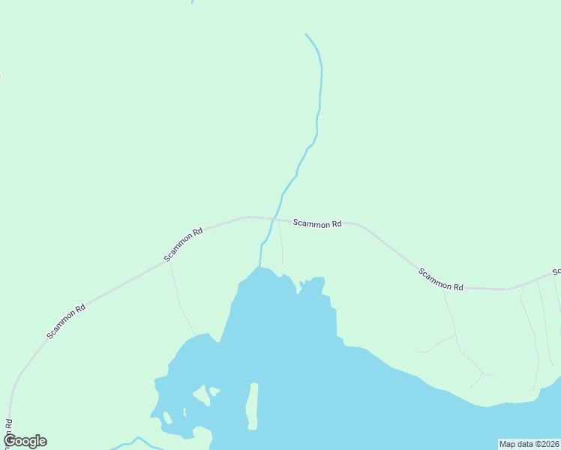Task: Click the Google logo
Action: [x=25, y=441]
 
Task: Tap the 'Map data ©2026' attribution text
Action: [x=529, y=444]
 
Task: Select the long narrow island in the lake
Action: [x=253, y=406]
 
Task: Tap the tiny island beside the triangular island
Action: [x=214, y=391]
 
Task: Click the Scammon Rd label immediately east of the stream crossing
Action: [x=317, y=223]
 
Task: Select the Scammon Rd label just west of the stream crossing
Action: [x=184, y=244]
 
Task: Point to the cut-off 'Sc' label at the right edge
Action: [x=556, y=271]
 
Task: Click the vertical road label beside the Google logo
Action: [x=9, y=431]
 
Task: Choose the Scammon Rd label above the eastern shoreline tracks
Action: [x=441, y=280]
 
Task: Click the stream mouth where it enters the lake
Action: [x=260, y=266]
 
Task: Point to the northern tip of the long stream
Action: [x=306, y=34]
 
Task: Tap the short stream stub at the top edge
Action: [x=192, y=2]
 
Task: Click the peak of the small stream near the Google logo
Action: [x=137, y=437]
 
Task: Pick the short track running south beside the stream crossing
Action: [x=281, y=244]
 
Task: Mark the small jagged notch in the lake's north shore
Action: [x=302, y=285]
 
